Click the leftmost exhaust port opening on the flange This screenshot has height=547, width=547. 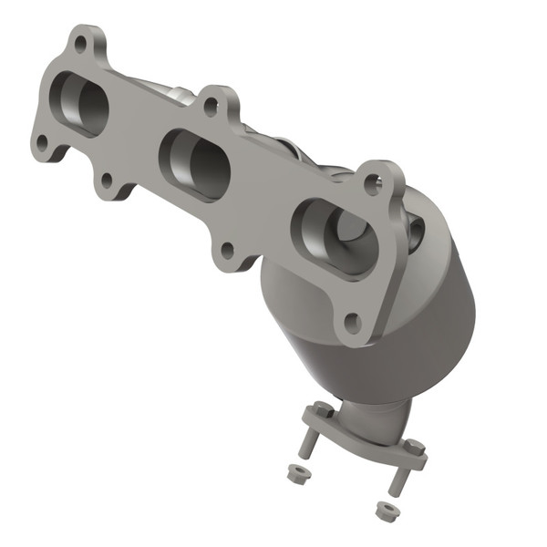[x=79, y=102]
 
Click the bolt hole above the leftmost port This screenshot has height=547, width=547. [x=80, y=43]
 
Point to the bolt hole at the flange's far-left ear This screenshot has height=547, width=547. [x=41, y=142]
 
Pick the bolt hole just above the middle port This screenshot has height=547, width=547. [x=211, y=106]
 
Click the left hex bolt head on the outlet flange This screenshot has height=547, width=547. [x=324, y=411]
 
